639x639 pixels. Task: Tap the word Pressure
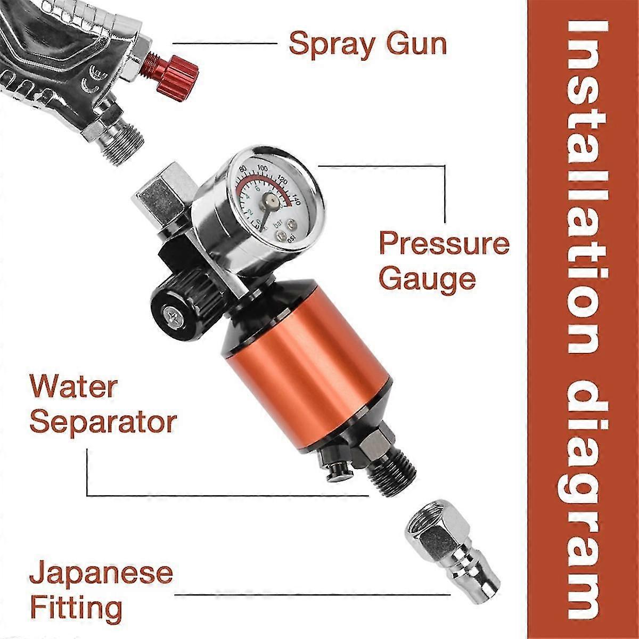click(x=444, y=244)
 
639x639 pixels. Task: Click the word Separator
click(x=103, y=422)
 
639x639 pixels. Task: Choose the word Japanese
click(x=101, y=574)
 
